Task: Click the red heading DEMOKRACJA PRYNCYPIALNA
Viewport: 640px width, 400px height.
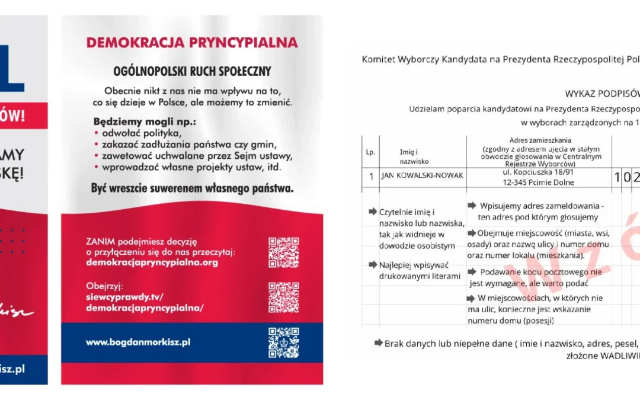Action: click(x=192, y=43)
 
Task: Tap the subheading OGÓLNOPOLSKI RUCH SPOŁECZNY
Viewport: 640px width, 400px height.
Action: click(x=192, y=71)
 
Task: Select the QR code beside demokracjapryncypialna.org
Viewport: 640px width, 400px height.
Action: click(x=283, y=252)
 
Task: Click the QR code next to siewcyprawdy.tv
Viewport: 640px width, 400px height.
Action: click(x=283, y=297)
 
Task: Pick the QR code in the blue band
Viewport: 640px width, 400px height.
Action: click(x=283, y=343)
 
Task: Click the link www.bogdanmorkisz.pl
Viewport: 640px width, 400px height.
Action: click(x=138, y=342)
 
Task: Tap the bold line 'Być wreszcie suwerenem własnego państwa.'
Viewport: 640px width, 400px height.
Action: click(x=192, y=189)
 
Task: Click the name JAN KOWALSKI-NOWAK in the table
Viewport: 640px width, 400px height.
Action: click(x=421, y=175)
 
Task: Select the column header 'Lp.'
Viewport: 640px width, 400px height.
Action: click(x=370, y=152)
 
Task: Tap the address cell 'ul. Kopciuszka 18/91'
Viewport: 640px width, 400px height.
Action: click(x=537, y=172)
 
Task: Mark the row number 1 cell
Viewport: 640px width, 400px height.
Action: click(x=371, y=176)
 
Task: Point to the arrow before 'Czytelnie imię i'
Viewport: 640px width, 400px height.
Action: click(x=372, y=212)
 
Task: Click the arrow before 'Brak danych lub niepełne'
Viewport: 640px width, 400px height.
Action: click(x=378, y=343)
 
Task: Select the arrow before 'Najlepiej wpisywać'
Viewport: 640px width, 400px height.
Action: click(x=373, y=264)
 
